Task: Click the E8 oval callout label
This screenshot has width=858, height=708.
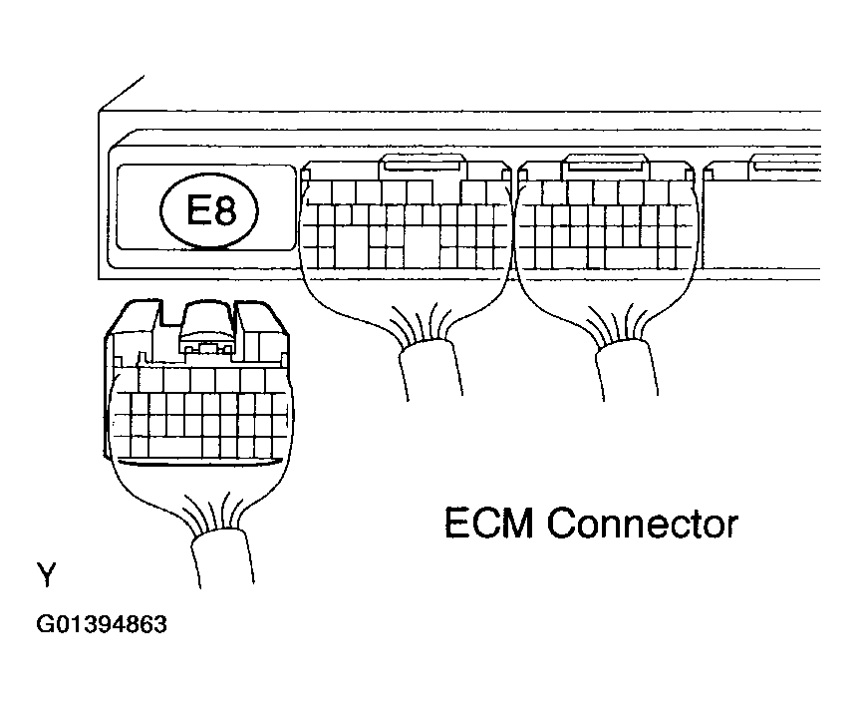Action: click(x=208, y=210)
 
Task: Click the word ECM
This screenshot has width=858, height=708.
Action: click(x=488, y=524)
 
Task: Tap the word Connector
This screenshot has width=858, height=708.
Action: click(x=643, y=524)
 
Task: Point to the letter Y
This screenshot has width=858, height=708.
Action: click(x=47, y=573)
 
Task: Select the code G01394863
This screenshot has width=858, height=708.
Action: click(x=102, y=624)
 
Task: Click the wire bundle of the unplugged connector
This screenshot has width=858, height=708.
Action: click(x=222, y=558)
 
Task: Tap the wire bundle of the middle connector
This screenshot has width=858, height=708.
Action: click(x=430, y=370)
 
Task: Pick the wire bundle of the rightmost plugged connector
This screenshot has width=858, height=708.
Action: click(x=627, y=370)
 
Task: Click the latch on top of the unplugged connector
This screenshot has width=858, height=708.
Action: click(x=208, y=328)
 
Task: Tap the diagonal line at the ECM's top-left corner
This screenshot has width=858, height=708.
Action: click(x=121, y=94)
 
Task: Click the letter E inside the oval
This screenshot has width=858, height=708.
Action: click(x=197, y=210)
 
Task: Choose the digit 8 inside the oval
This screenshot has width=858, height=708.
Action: click(x=224, y=210)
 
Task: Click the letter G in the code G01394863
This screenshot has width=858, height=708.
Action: click(x=44, y=624)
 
